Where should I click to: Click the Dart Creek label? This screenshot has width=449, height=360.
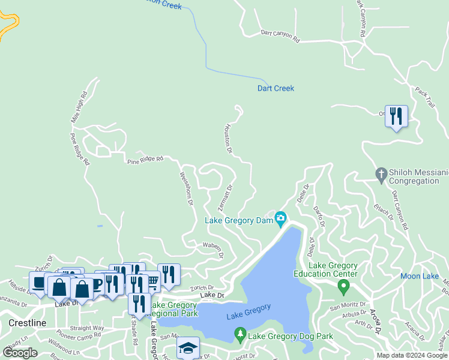tap(276, 88)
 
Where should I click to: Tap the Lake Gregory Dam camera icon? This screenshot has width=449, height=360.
tap(280, 220)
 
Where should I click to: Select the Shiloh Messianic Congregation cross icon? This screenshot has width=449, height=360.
tap(380, 175)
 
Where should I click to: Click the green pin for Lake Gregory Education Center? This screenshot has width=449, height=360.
tap(343, 287)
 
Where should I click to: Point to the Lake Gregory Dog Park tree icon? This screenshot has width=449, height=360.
tap(241, 334)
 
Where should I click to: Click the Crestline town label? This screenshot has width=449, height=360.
tap(28, 323)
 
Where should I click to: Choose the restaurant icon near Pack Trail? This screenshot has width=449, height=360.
tap(396, 116)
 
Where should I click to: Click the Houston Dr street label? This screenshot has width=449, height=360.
tap(228, 138)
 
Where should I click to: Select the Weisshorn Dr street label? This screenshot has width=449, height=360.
tap(186, 190)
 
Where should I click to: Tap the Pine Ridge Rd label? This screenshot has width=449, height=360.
tap(145, 160)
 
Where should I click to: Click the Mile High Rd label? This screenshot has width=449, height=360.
tap(79, 107)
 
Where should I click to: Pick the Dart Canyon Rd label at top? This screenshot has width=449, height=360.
tap(280, 35)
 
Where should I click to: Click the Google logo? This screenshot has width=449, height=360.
tap(20, 353)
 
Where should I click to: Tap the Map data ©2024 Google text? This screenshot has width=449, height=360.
tap(412, 355)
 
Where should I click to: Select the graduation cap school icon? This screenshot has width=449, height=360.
tap(188, 347)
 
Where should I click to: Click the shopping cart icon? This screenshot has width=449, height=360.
tap(152, 280)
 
